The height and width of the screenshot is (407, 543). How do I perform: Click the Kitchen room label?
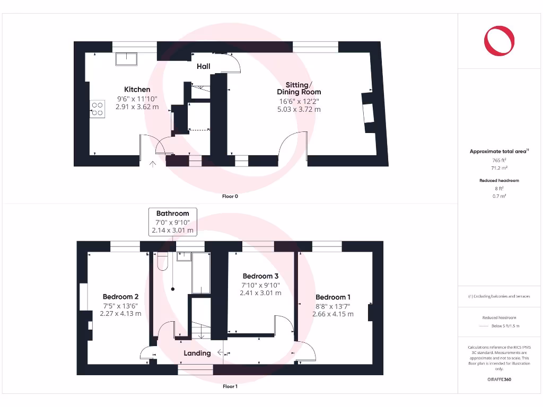(x=137, y=90)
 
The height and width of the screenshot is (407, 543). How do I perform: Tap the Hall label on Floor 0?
(x=204, y=66)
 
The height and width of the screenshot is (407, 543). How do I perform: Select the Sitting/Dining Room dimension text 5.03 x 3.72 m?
(x=299, y=110)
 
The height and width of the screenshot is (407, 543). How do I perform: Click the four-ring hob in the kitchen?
(x=97, y=109)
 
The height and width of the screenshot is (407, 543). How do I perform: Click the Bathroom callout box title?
(x=172, y=214)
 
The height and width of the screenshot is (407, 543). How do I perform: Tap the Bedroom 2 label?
(x=120, y=297)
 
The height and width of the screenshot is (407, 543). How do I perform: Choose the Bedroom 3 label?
(x=260, y=276)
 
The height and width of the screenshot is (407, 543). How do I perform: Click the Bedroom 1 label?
(x=332, y=297)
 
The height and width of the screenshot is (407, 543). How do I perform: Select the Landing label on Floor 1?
(x=197, y=353)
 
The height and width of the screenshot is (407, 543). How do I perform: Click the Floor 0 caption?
(x=230, y=196)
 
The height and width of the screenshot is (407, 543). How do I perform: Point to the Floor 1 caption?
(x=230, y=386)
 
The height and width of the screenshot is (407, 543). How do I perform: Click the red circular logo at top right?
(x=499, y=41)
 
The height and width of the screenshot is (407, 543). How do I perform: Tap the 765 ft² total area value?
(x=499, y=160)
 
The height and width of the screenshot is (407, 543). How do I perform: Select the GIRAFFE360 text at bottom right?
(x=499, y=379)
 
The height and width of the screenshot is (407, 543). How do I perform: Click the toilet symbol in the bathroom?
(x=163, y=260)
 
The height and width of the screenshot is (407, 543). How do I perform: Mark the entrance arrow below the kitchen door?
(x=153, y=164)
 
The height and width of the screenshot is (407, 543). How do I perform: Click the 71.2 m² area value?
(x=499, y=167)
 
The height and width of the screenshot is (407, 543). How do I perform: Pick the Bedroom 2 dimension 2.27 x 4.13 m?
(x=120, y=313)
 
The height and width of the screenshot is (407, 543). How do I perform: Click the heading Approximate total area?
(x=498, y=152)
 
